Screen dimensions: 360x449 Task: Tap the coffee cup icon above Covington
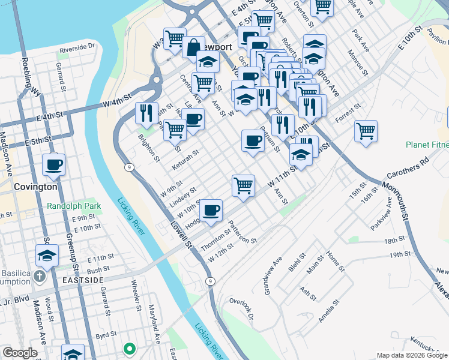coord(53,164)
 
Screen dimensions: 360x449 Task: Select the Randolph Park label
coord(74,205)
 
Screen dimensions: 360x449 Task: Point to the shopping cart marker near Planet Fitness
coord(366,130)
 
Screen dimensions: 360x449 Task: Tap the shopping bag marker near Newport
coord(194,47)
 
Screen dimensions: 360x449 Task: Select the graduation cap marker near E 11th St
coord(47,256)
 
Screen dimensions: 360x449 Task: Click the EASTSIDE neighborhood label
coord(83,280)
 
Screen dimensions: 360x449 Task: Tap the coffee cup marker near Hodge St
coord(211,210)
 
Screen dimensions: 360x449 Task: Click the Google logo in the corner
coord(20,353)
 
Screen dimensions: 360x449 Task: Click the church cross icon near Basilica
coord(39,277)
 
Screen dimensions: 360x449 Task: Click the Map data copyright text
coord(411,355)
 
